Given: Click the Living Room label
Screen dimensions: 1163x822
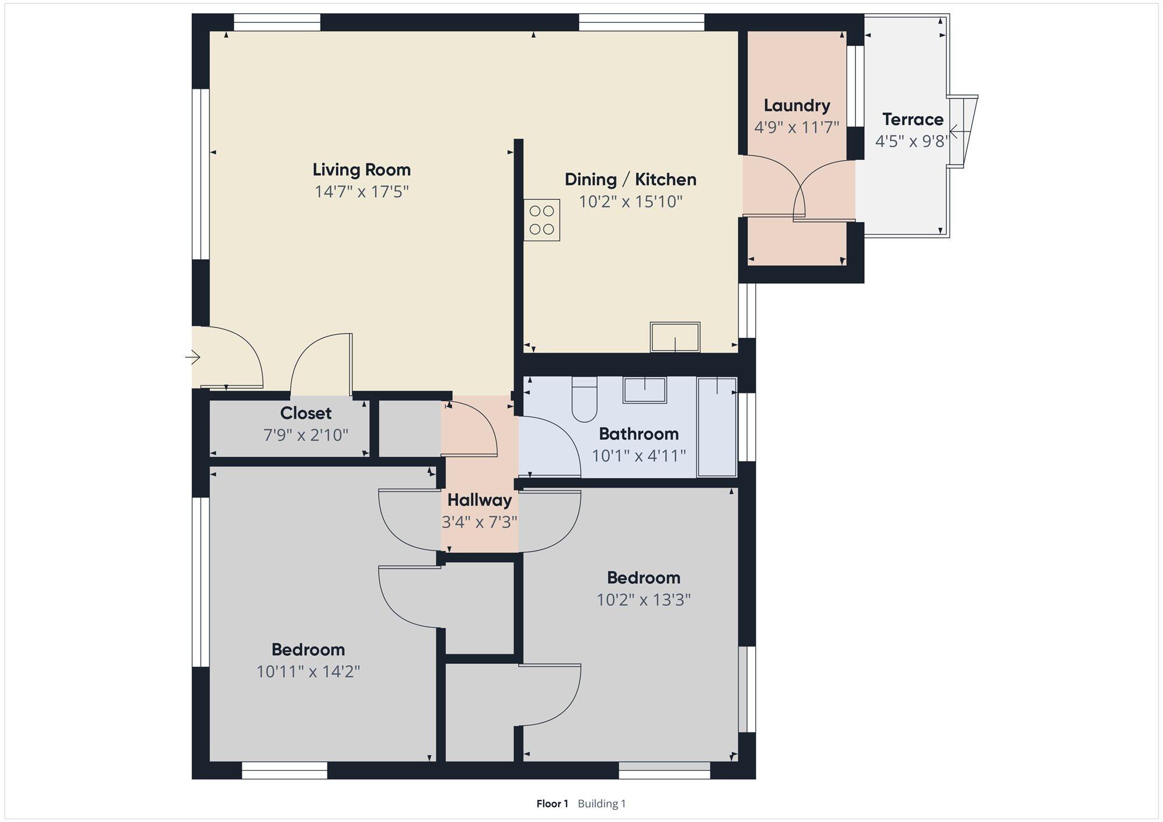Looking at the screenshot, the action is (362, 170).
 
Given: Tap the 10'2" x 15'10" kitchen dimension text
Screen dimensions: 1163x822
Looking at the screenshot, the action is (630, 202).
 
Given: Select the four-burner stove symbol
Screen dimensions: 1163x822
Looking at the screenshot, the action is (541, 220).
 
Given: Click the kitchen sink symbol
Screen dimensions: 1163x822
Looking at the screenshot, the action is (675, 337).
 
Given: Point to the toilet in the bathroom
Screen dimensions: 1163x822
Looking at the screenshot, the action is (584, 399).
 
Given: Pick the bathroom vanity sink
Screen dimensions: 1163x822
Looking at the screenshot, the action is (645, 390).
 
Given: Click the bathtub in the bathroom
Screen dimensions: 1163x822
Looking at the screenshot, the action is (717, 427).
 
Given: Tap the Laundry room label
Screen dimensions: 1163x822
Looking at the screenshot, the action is (797, 105).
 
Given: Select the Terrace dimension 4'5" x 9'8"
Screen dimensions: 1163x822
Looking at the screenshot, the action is (912, 141).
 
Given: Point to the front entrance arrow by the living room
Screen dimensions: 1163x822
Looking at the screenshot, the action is (193, 356).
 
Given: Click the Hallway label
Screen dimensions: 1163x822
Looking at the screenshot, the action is (480, 500).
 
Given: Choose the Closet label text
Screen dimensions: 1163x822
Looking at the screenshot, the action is (306, 413).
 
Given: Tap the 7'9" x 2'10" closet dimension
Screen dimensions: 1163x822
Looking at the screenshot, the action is (306, 435).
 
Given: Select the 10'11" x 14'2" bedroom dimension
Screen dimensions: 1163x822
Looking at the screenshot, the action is (308, 671).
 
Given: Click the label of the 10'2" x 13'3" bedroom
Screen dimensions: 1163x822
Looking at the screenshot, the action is (644, 578).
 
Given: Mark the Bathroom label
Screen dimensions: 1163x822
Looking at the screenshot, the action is (638, 434).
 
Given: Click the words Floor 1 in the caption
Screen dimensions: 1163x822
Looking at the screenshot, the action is (552, 804).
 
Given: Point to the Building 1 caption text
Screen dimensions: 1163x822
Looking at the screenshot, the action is (602, 804).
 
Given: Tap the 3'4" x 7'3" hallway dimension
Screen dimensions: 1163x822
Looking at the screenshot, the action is (480, 522).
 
